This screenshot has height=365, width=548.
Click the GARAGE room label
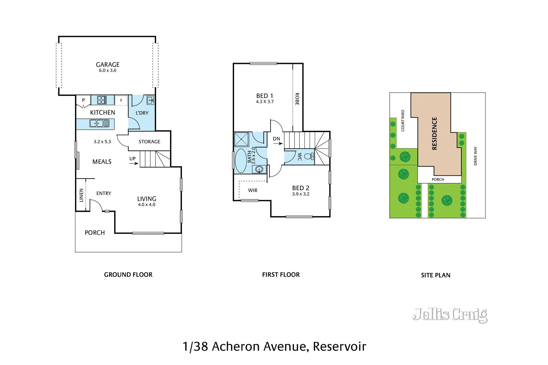tap(108, 65)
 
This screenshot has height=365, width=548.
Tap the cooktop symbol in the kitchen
tap(102, 100)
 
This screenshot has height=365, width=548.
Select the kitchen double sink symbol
tap(99, 123)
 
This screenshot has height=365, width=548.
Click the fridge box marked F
tap(121, 100)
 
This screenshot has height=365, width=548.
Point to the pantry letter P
tap(83, 100)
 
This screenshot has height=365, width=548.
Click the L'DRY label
tap(142, 113)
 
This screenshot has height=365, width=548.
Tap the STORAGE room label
tap(149, 142)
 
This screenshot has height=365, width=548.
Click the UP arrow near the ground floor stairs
tap(134, 163)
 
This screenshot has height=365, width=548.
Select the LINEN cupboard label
tap(81, 195)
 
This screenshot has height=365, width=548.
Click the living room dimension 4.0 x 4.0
tap(147, 205)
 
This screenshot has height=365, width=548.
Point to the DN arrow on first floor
tap(278, 143)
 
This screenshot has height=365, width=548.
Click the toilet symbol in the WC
tap(309, 157)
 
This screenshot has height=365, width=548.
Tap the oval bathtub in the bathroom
tap(241, 160)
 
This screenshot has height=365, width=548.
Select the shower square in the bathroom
tap(241, 140)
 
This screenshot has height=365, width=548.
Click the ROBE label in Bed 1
tap(297, 99)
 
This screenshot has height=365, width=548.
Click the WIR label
tap(253, 191)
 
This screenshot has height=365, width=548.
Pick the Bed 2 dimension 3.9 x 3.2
tap(301, 194)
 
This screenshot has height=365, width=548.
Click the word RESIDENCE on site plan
tap(434, 133)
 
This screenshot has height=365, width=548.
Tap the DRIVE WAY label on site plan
tap(475, 156)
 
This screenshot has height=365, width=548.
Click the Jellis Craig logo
tap(450, 314)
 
